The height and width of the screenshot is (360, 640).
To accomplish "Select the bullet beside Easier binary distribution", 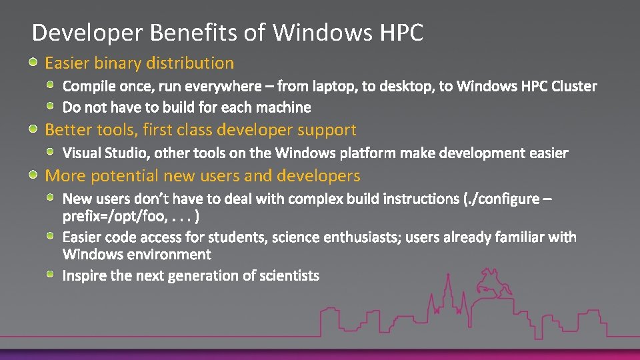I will pos(33,63).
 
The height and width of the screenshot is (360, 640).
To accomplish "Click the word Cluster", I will pos(574,86).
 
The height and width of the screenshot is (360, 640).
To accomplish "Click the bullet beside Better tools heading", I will pos(33,129).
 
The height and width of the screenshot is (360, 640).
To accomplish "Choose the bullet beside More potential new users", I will pos(33,175).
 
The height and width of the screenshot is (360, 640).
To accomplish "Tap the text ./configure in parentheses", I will pos(501,199).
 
